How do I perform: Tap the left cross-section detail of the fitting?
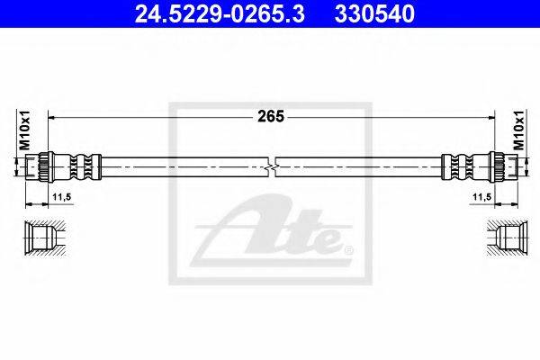[41, 238]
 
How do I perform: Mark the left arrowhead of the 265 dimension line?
[52, 117]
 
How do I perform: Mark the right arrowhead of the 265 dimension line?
[489, 117]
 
